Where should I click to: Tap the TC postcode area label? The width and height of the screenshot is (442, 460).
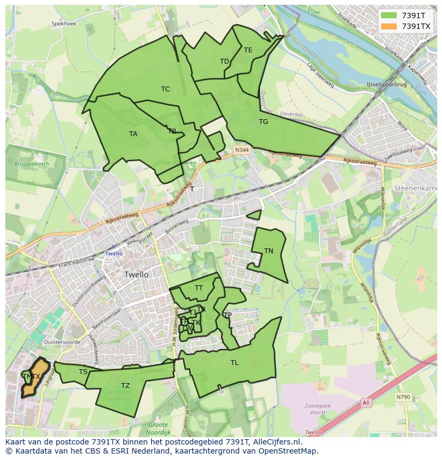click(x=165, y=89)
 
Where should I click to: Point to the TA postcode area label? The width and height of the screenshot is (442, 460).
click(x=133, y=134)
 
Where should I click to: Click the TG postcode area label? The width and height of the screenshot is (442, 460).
click(x=263, y=122)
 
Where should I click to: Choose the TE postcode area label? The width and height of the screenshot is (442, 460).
click(x=248, y=50)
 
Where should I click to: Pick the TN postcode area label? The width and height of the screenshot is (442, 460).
click(x=269, y=251)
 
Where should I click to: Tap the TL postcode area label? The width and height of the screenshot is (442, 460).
click(x=234, y=363)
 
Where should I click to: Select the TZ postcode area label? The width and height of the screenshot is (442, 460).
click(x=125, y=386)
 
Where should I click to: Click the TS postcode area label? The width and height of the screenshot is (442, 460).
click(x=83, y=372)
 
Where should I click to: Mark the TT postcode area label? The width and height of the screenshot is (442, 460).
click(x=199, y=288)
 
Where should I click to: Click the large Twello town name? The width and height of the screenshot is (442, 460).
click(x=136, y=275)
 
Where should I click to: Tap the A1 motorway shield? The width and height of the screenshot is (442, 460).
click(x=365, y=402)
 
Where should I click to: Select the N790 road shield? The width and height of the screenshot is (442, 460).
click(x=403, y=397)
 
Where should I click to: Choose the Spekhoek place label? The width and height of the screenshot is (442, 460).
click(x=64, y=24)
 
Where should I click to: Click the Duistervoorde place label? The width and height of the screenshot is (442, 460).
click(x=63, y=342)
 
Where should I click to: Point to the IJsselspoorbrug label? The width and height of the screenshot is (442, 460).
click(x=386, y=85)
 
